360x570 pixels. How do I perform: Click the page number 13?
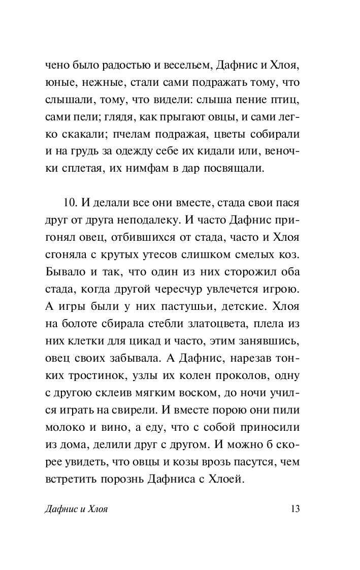coord(294,509)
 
